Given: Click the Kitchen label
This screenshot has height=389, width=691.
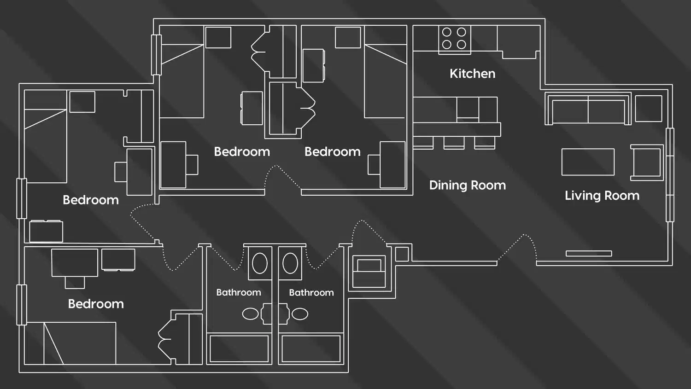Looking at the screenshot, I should coord(472,74).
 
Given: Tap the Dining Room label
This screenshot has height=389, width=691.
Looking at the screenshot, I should coord(467,185).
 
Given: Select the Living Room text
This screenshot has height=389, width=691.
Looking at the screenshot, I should coord(602,196).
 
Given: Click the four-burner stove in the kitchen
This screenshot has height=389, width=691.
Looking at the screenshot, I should coord(454,39).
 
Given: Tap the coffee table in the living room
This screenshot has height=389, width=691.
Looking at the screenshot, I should coord(588,162).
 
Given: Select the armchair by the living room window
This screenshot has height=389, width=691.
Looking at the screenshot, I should coord(647,163).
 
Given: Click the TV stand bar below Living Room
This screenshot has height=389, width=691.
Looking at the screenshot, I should coord(589,254).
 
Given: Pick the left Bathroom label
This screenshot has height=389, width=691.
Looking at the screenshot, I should coord(239,292).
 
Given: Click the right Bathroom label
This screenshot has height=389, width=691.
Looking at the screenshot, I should coord(311,292).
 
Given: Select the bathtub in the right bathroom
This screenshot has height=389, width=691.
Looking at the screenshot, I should coord(311,349).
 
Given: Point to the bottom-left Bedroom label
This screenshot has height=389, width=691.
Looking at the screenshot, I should coord(96,304).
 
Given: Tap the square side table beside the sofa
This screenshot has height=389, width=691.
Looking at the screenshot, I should coord(648,109).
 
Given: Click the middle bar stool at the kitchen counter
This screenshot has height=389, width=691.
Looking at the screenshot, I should coord(454,142).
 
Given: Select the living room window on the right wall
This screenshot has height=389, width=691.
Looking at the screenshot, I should coord(670,175).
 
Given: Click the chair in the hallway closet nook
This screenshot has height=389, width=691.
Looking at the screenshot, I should coord(369,272).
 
